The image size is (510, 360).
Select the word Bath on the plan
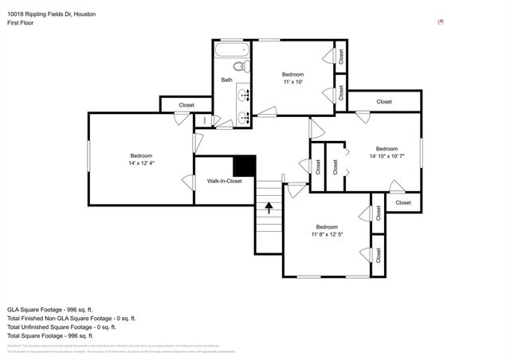pos(227,80)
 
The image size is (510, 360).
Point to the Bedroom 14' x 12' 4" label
pos(141,159)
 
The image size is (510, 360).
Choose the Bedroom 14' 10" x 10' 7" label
pos(386,152)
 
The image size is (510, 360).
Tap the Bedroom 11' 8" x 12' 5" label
pos(327,231)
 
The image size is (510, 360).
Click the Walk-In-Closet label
pos(224,182)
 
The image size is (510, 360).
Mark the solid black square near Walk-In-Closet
pos(244,165)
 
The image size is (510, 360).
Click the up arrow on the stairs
pos(269,209)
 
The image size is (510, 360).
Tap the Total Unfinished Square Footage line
pos(61,327)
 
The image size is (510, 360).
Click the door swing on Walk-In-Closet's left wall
pos(189,182)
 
